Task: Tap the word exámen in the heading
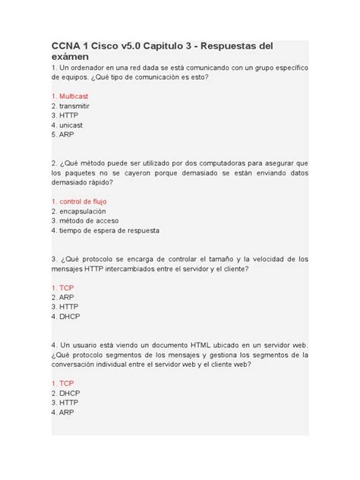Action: [x=71, y=57]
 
